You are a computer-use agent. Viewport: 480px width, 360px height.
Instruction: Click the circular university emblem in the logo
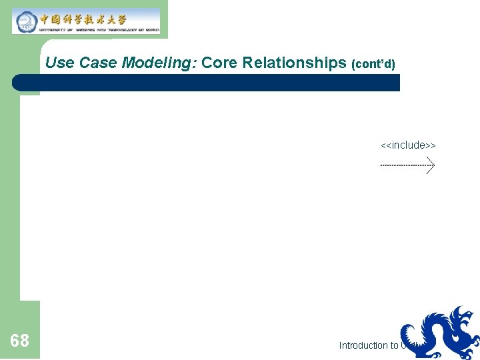click(25, 21)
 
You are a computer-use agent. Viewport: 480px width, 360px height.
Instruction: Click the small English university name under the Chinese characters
click(99, 29)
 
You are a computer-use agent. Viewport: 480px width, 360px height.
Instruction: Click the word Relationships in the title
click(293, 63)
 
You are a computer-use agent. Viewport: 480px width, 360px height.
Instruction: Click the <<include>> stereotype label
click(408, 145)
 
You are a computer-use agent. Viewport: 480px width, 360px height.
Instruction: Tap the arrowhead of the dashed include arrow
click(431, 165)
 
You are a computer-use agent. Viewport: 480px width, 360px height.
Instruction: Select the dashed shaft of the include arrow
click(403, 165)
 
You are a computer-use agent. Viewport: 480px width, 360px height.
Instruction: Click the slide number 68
click(20, 341)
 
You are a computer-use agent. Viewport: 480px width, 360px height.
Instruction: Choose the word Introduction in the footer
click(363, 345)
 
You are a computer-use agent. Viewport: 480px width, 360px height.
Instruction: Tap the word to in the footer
click(395, 345)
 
